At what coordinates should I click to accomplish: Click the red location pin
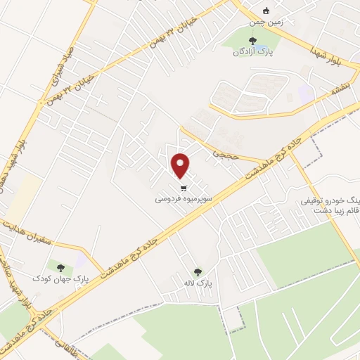(181, 165)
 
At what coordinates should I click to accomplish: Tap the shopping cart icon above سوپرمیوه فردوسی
(184, 188)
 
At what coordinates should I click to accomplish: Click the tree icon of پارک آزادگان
(253, 41)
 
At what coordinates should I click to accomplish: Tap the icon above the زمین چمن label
(265, 11)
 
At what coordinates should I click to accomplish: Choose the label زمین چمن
(265, 22)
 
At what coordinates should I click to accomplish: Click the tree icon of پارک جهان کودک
(60, 267)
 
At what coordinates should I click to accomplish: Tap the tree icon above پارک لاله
(198, 271)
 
